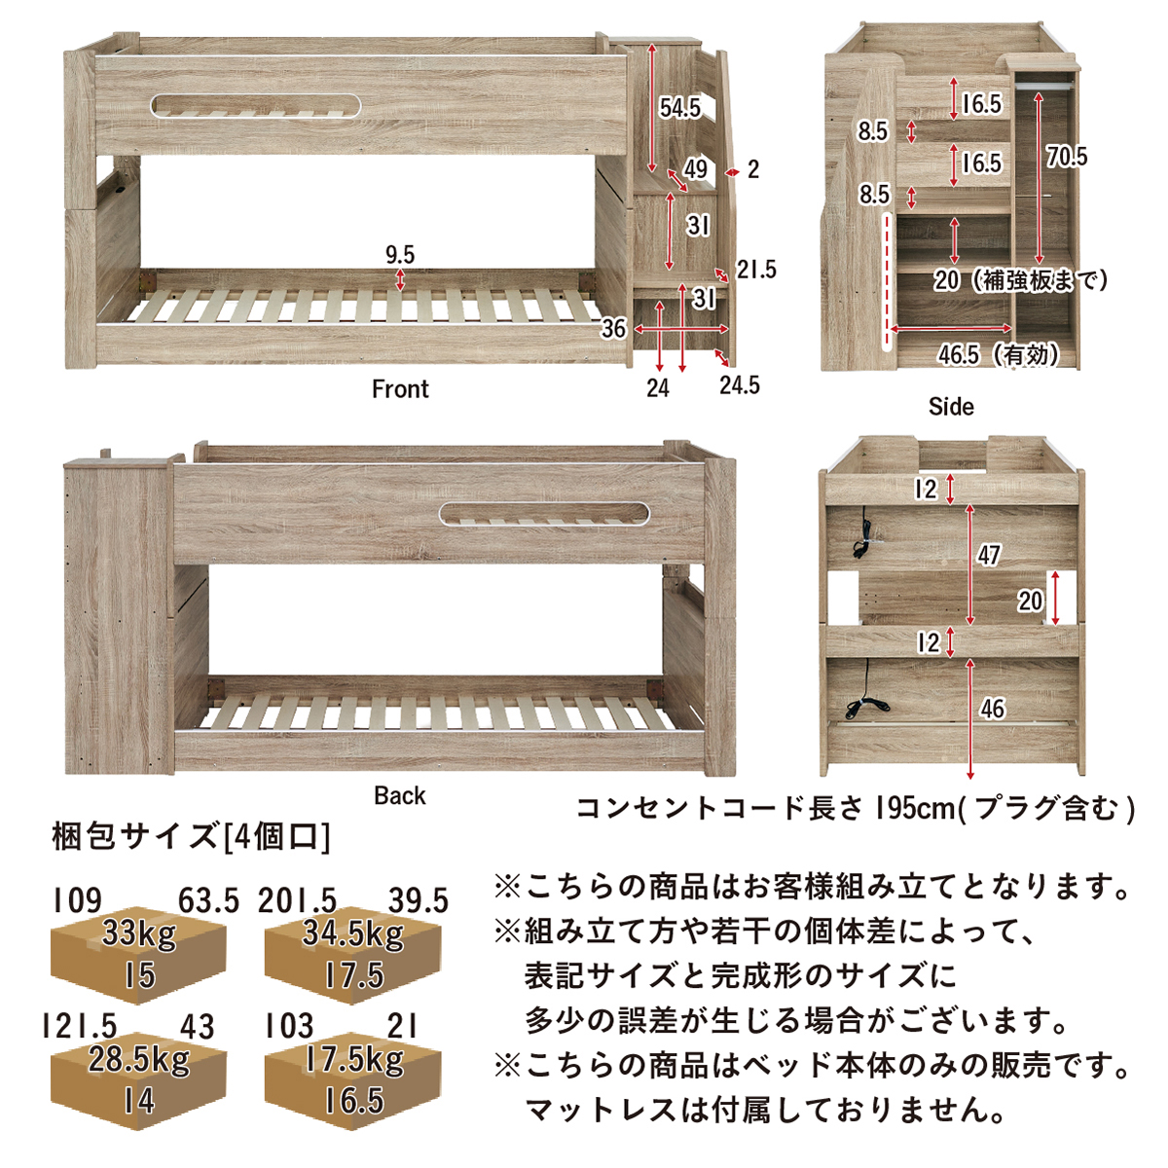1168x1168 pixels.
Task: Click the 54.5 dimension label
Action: (679, 108)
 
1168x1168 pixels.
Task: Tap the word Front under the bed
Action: (400, 389)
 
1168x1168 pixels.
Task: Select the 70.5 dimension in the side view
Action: (1067, 157)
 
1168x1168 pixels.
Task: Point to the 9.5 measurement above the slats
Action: (400, 255)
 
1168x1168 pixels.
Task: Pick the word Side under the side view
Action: (951, 407)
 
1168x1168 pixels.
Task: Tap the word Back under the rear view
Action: (399, 796)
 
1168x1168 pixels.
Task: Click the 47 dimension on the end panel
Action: (989, 555)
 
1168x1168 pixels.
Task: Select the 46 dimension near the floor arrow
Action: (992, 709)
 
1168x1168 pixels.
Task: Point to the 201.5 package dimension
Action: (297, 900)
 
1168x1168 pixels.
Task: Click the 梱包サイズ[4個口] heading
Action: (192, 838)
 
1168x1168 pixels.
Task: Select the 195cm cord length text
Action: (914, 809)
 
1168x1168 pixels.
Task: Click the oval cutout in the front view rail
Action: (255, 106)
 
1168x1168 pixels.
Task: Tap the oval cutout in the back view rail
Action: (545, 513)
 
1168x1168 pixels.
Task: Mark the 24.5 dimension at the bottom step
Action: (740, 384)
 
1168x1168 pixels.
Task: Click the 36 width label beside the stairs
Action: (613, 329)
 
